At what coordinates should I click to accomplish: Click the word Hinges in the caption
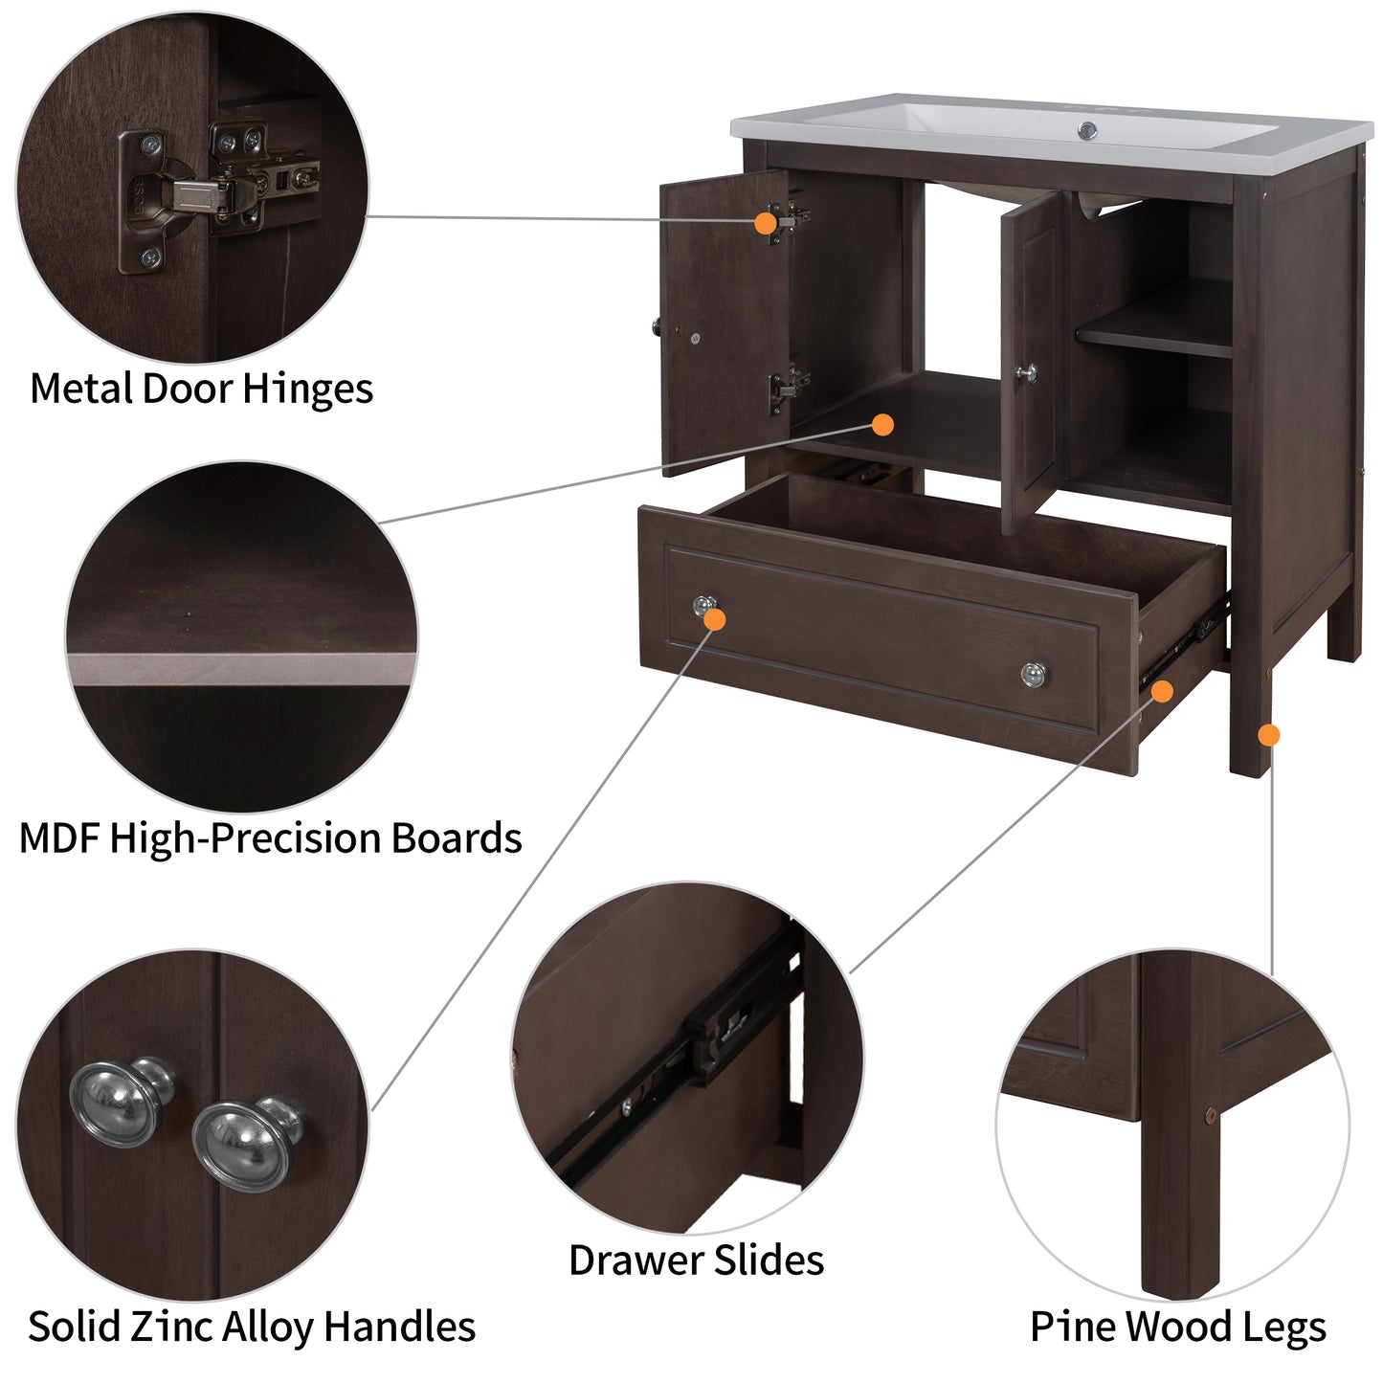coord(307,390)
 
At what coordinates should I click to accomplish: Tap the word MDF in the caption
coord(59,838)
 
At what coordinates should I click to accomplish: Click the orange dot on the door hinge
coord(765,223)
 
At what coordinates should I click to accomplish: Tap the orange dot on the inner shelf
coord(882,424)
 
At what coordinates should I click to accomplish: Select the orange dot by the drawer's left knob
coord(714,619)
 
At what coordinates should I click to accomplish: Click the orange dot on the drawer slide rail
coord(1162,690)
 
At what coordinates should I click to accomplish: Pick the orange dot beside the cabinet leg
coord(1268,735)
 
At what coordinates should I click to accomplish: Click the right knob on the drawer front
coord(1032,675)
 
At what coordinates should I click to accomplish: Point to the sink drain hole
coord(1087,129)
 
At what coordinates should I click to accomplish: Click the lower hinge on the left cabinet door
coord(787,388)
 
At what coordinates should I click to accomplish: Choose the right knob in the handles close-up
coord(244,1142)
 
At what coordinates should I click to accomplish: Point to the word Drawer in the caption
coord(630,1260)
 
